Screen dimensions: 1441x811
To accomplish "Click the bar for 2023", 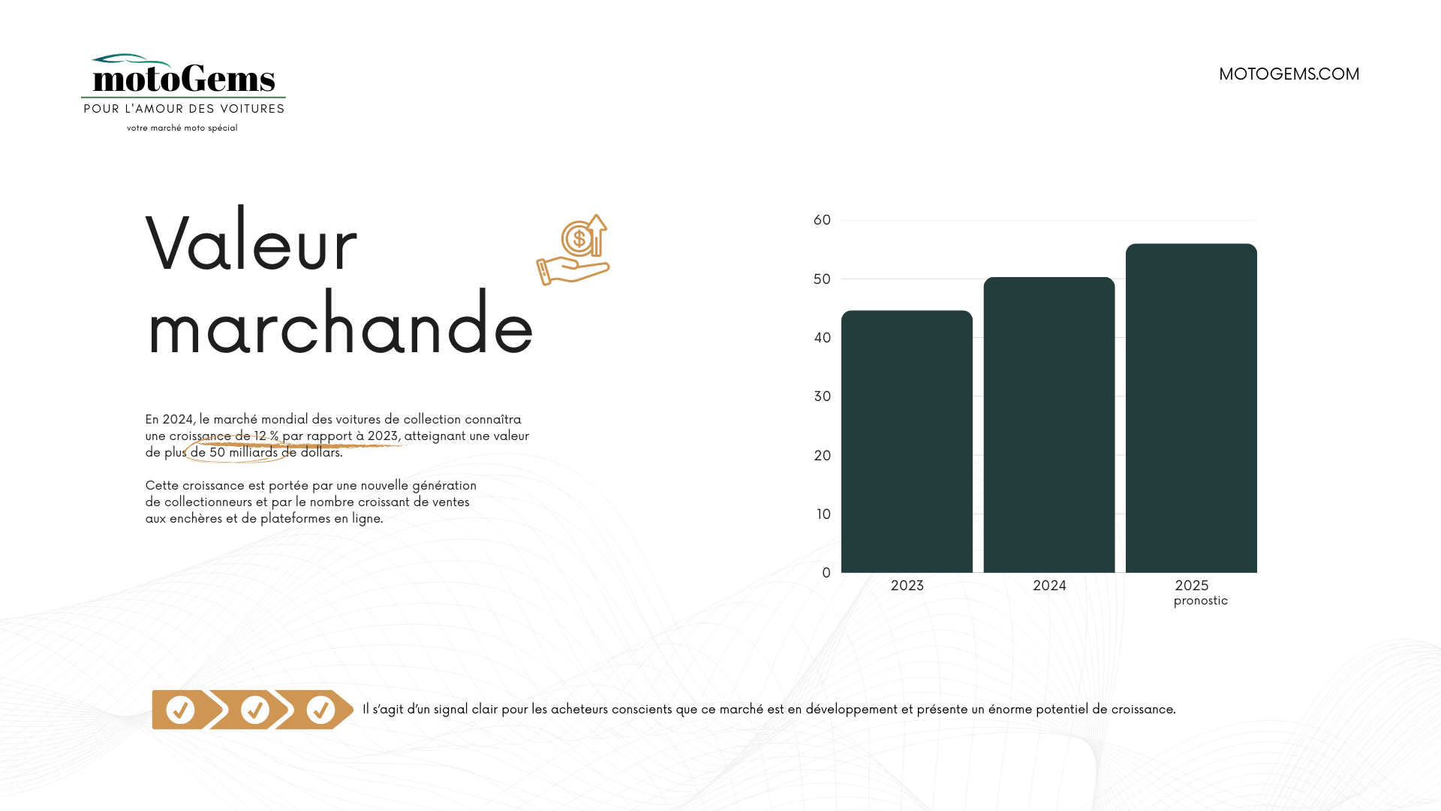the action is (x=907, y=442).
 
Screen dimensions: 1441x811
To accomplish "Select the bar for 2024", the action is (x=1049, y=425).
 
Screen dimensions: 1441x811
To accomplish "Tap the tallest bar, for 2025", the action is (x=1191, y=409).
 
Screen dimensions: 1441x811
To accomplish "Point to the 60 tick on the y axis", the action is (x=822, y=220).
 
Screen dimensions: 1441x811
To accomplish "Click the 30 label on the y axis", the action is (x=822, y=396).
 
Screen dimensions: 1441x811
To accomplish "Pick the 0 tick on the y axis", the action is (x=826, y=573).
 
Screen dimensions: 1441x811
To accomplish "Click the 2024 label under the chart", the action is (x=1049, y=586).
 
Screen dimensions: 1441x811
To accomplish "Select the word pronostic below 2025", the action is (x=1201, y=601).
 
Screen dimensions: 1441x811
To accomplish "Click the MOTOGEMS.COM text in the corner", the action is (x=1289, y=74).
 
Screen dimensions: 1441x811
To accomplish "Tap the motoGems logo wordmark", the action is (x=184, y=77).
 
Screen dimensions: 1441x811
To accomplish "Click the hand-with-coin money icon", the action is (x=573, y=250).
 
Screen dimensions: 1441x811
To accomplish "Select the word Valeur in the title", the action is (x=251, y=243).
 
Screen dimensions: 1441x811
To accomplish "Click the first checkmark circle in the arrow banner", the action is (x=180, y=710).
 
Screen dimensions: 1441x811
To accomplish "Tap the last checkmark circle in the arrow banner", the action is (x=320, y=710).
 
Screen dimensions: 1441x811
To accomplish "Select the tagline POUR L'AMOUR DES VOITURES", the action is (x=184, y=109).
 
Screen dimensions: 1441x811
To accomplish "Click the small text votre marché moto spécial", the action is (x=182, y=128).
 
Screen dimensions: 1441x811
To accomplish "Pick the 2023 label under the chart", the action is (x=907, y=586).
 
